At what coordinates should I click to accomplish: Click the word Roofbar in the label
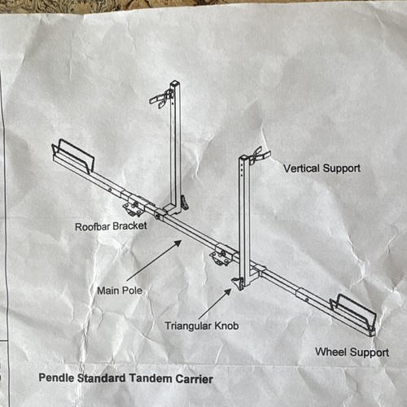[x=92, y=227]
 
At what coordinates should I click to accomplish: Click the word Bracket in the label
[x=129, y=225]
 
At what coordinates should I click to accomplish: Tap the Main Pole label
[x=120, y=291]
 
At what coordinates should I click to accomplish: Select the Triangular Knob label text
[x=202, y=326]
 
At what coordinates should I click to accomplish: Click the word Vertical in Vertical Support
[x=301, y=168]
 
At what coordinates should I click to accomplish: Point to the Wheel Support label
[x=352, y=352]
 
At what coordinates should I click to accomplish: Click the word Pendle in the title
[x=56, y=378]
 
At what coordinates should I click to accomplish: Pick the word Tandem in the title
[x=150, y=379]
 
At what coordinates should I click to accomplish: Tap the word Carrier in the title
[x=194, y=379]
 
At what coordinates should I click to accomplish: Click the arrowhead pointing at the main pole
[x=177, y=243]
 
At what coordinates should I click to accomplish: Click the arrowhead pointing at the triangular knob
[x=228, y=292]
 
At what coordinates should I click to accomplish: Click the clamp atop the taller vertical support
[x=161, y=98]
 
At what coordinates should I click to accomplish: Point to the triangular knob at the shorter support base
[x=238, y=284]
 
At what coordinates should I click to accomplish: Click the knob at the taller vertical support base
[x=185, y=203]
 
